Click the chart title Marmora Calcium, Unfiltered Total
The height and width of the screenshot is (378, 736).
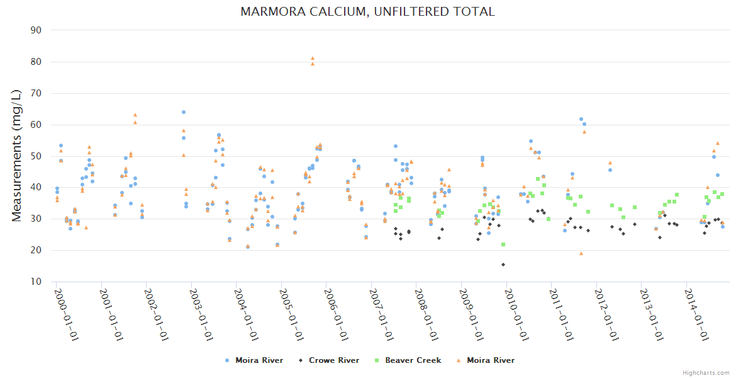coord(367,11)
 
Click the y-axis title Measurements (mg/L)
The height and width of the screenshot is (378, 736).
coord(17,155)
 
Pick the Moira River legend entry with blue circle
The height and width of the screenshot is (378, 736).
coord(259,360)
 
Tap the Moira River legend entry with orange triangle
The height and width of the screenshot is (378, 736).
coord(490,360)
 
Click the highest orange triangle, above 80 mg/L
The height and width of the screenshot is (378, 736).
coord(312,59)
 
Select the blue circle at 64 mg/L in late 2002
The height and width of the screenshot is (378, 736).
coord(184,112)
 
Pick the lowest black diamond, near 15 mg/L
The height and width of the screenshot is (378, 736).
coord(503,265)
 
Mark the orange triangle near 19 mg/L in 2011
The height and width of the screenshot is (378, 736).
coord(581,254)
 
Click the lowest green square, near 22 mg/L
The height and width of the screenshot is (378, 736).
coord(503,244)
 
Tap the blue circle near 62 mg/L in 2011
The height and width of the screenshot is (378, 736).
coord(581,119)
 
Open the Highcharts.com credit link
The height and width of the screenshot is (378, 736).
coord(706,372)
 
